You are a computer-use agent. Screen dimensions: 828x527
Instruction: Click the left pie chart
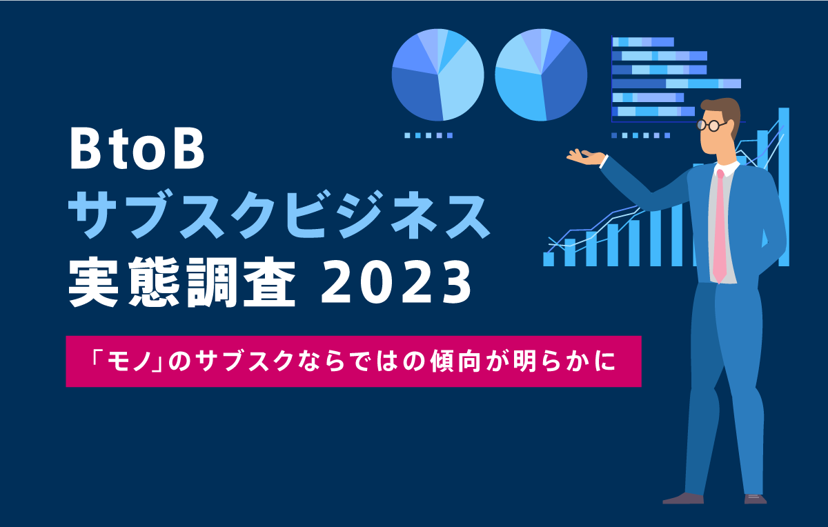coord(437,75)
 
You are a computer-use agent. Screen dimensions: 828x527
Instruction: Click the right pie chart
coord(541,75)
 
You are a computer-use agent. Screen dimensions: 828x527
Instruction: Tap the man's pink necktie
coord(720,226)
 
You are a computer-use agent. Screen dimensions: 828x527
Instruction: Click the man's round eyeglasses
coord(711,126)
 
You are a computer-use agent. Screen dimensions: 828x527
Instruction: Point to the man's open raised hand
coord(586,157)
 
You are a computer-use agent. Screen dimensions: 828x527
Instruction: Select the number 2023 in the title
coord(395,282)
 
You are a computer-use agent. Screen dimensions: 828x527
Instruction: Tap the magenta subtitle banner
coord(353,361)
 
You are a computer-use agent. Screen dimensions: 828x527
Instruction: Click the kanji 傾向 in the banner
coord(455,361)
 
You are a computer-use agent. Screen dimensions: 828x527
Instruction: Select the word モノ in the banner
coord(130,361)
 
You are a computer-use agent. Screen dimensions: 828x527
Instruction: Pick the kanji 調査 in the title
coord(241,282)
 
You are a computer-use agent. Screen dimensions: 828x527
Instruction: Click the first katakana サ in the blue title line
coord(92,214)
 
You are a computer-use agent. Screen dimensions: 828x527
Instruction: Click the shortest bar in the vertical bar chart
coord(548,259)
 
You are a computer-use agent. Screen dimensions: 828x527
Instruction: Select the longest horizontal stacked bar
coord(676,83)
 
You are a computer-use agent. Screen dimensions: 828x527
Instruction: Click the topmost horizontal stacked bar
coord(643,42)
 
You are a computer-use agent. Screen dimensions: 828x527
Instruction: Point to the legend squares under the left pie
coord(428,136)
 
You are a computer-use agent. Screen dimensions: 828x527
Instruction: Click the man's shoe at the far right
coord(756,499)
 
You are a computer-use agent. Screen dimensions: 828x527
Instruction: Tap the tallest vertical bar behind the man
coord(784,187)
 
